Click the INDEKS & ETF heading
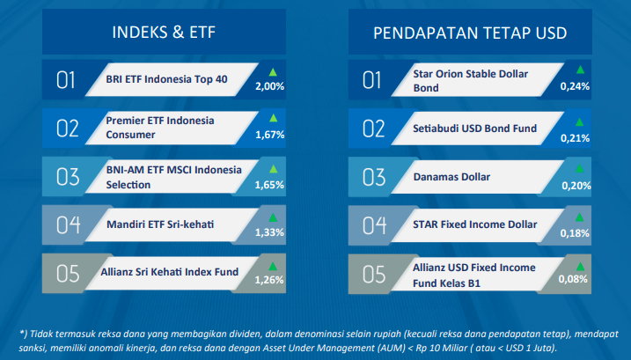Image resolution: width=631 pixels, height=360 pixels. (164, 33)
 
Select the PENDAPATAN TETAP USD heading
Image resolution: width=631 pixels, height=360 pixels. (470, 33)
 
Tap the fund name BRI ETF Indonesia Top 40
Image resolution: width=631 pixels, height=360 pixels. (166, 79)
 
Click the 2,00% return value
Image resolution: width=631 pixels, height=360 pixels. (269, 86)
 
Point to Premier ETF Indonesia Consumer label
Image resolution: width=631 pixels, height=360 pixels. (160, 128)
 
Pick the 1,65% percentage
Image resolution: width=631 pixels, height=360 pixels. (269, 185)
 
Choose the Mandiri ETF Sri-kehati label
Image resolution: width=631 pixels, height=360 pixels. (160, 224)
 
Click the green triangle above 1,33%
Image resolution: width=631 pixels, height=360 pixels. (273, 218)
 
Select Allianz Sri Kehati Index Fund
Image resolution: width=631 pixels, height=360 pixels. (170, 272)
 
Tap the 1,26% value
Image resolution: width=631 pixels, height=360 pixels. (269, 280)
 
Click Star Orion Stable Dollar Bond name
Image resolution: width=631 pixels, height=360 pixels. (471, 80)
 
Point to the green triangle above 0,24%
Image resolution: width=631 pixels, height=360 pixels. (580, 70)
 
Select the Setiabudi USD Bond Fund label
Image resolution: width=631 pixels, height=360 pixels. (475, 129)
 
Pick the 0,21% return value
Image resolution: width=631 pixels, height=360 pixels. (575, 138)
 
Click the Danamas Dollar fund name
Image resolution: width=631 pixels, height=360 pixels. (451, 177)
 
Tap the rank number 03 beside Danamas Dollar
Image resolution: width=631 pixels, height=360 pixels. (374, 177)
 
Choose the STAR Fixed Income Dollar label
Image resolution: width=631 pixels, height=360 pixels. (475, 224)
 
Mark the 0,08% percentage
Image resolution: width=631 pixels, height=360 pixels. (573, 279)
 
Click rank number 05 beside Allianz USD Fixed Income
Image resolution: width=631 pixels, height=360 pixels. (374, 275)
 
